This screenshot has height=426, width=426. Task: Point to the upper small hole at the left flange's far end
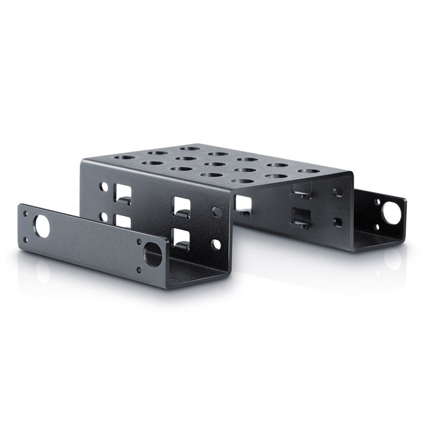coord(25,213)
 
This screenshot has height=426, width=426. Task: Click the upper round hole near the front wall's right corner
coord(216,211)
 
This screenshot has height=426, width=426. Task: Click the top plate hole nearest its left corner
coord(124,158)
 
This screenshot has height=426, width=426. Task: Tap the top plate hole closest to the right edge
coord(309,171)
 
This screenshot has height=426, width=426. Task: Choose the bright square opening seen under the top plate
coord(243,203)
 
